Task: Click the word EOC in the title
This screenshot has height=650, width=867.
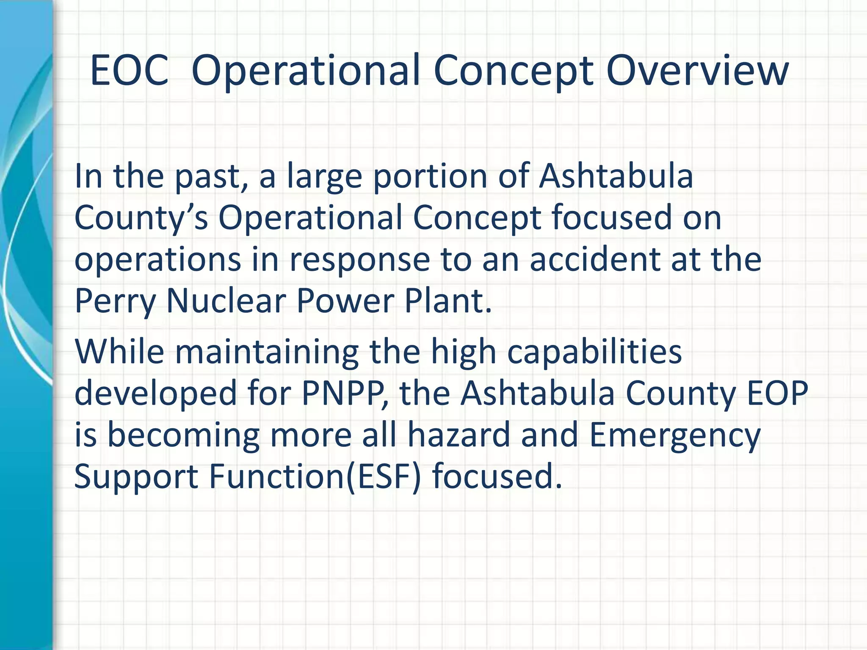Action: coord(129,70)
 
